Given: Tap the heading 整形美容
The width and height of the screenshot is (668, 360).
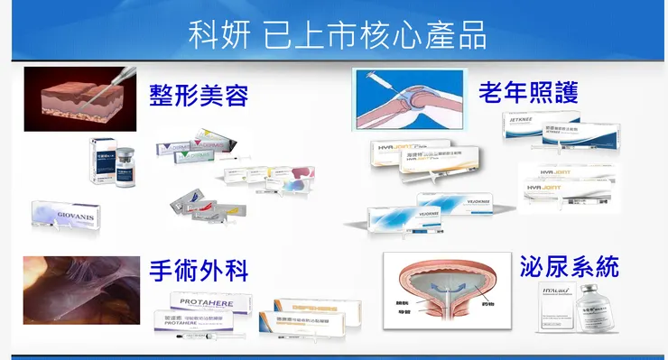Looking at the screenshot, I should [199, 93].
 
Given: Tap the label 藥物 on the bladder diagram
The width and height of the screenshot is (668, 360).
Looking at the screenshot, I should [490, 304].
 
